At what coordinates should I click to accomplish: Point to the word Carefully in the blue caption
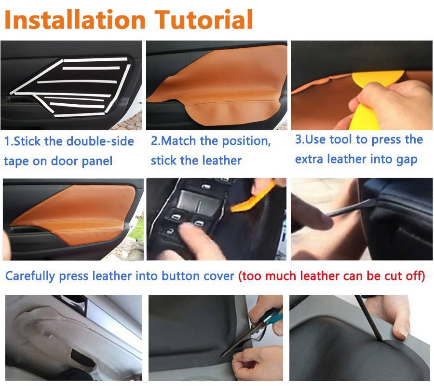tap(30, 276)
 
